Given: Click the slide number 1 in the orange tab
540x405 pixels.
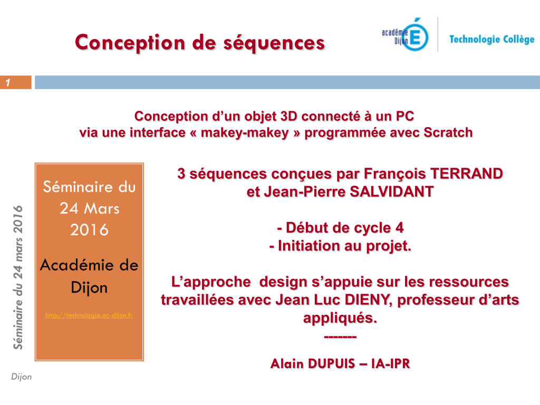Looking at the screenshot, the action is (x=8, y=83).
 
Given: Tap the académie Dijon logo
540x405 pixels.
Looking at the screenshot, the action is (x=406, y=35).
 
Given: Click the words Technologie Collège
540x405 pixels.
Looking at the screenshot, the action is (x=492, y=40).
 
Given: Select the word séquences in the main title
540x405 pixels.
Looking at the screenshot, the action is (x=274, y=43).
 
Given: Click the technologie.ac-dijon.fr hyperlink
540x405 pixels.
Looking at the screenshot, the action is (x=89, y=315).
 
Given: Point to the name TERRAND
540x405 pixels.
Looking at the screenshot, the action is (x=467, y=173).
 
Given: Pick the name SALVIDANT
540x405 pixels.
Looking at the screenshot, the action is (x=392, y=191).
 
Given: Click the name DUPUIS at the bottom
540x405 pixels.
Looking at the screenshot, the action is (x=331, y=364).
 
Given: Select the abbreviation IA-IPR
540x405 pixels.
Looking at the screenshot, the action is (x=391, y=364).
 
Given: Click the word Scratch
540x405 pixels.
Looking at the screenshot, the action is (x=448, y=132).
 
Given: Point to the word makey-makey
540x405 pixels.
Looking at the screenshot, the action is (x=245, y=133).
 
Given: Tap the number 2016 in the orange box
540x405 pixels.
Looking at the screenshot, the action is (x=90, y=230).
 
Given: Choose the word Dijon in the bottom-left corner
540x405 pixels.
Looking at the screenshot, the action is (x=21, y=377).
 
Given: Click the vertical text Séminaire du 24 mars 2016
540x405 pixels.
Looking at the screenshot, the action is (x=18, y=277).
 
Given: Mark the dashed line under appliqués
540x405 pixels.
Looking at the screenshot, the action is (x=340, y=336).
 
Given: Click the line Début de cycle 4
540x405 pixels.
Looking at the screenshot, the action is (x=340, y=228).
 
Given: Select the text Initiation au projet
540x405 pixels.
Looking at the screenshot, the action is (x=340, y=246).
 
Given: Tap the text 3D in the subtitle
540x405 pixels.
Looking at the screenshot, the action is (x=288, y=117).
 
